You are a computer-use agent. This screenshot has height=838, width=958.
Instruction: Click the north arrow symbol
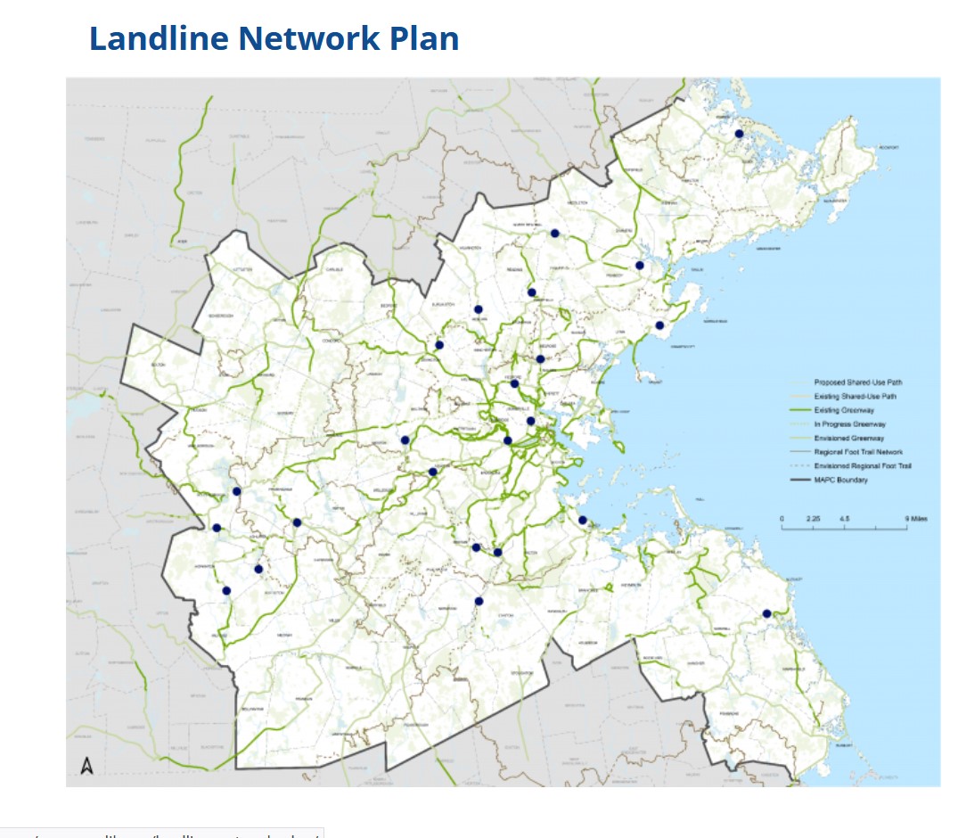click(x=86, y=765)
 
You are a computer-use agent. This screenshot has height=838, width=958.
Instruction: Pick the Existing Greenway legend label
click(x=844, y=410)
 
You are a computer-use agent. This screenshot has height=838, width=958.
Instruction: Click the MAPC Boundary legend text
click(x=840, y=481)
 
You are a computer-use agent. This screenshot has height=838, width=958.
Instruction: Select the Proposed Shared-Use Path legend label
click(x=858, y=382)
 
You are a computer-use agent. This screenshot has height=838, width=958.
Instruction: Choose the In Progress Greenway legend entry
click(x=849, y=424)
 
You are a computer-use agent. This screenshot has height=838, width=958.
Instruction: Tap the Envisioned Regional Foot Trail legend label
click(x=863, y=466)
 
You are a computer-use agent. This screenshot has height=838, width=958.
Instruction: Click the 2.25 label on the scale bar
click(x=812, y=518)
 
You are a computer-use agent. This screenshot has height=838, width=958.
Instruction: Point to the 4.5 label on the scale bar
click(x=844, y=518)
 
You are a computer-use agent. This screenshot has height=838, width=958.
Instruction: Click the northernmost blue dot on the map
click(x=739, y=134)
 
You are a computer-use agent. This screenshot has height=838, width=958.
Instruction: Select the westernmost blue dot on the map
click(x=216, y=528)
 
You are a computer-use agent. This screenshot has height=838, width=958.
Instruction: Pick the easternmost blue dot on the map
click(x=766, y=613)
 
